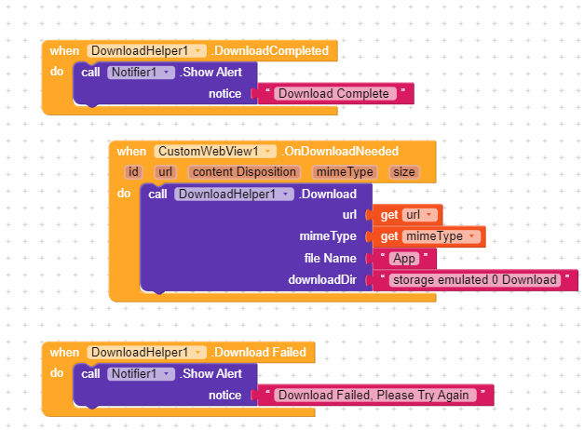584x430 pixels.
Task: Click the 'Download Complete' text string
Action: tap(333, 94)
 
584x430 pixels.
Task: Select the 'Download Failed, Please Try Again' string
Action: tap(373, 396)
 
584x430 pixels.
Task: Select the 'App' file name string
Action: tap(405, 259)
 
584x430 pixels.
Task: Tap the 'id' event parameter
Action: tap(134, 172)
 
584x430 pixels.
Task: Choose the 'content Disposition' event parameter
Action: tap(243, 172)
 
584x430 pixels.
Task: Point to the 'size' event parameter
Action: tap(404, 172)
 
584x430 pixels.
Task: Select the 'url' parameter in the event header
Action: tap(166, 172)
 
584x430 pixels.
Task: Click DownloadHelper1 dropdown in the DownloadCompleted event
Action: tap(146, 51)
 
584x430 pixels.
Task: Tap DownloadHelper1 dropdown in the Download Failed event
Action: tap(146, 353)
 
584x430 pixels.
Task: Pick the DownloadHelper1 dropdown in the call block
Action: tap(234, 195)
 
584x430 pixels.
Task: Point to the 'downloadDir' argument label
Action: tap(322, 279)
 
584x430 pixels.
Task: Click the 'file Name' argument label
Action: tap(331, 258)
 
